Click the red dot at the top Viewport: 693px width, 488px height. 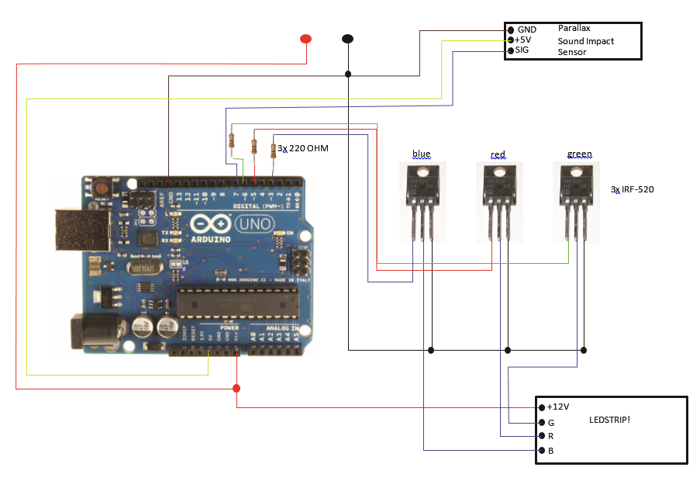tap(306, 39)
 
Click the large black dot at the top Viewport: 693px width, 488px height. tap(348, 38)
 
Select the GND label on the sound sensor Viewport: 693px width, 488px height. tap(527, 29)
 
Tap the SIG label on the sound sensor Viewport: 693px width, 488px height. tap(523, 50)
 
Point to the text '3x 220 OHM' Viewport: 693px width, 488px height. tap(303, 147)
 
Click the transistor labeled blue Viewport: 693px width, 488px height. tap(422, 198)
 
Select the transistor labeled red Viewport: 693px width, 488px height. tap(498, 198)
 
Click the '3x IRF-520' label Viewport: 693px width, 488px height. tap(633, 189)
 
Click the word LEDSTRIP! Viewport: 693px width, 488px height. tap(609, 420)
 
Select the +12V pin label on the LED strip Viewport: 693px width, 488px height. tap(558, 407)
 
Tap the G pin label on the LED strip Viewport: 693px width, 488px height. tap(550, 422)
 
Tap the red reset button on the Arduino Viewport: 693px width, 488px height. tap(102, 189)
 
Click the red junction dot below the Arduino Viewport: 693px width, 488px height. tap(236, 388)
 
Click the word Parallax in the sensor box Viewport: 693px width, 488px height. tap(574, 28)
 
